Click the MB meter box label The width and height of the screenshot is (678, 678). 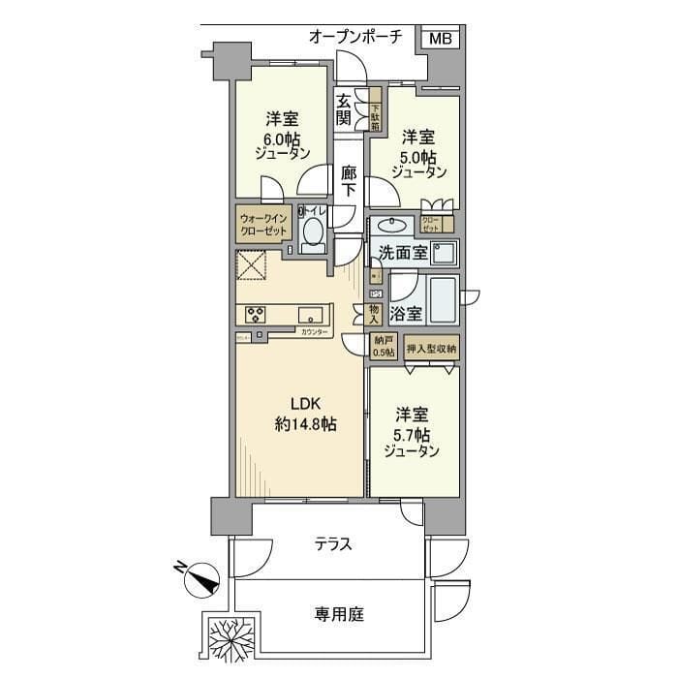click(x=440, y=38)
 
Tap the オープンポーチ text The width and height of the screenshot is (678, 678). click(x=355, y=37)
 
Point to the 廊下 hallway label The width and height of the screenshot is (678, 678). click(x=349, y=182)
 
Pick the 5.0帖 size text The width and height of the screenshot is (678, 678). click(x=418, y=154)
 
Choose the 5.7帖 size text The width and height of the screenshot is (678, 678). click(x=412, y=432)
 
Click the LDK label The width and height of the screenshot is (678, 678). click(x=299, y=405)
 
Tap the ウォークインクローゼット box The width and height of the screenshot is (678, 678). click(x=263, y=226)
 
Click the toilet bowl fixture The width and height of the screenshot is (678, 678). click(x=312, y=232)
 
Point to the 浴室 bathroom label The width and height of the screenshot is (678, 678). click(x=406, y=313)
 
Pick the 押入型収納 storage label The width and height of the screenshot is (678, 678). click(x=431, y=349)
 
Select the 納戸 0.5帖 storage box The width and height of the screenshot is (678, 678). click(x=384, y=347)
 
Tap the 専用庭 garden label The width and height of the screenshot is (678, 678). click(x=338, y=613)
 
